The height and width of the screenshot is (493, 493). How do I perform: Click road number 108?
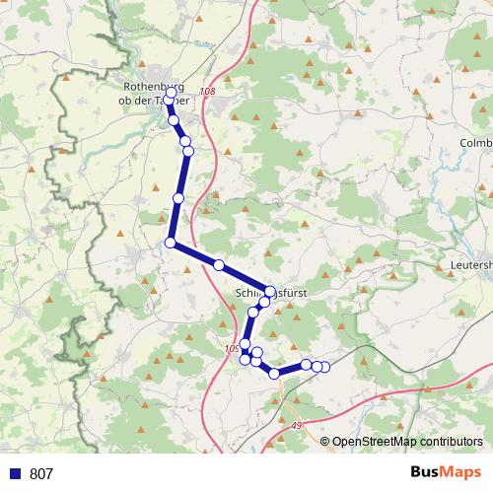coord(206,92)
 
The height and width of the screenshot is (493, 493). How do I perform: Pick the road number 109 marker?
coord(233,348)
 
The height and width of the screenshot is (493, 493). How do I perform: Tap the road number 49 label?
coord(298,423)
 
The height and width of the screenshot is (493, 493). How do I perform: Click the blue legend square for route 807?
coord(13,473)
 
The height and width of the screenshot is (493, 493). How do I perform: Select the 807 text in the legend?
coord(41,473)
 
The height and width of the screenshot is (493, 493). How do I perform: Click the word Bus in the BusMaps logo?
coord(427,473)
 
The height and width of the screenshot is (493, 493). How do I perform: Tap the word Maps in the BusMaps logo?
coord(461,473)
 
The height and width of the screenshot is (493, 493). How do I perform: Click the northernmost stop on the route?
coord(171,92)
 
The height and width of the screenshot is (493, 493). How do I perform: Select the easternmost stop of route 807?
coord(325,368)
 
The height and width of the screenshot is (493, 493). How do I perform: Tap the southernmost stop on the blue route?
coord(274,374)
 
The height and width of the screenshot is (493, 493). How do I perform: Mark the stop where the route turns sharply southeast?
coord(171,243)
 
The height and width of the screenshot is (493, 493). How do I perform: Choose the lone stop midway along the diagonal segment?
coord(219,265)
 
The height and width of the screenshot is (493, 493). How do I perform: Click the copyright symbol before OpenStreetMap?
coord(326,441)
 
